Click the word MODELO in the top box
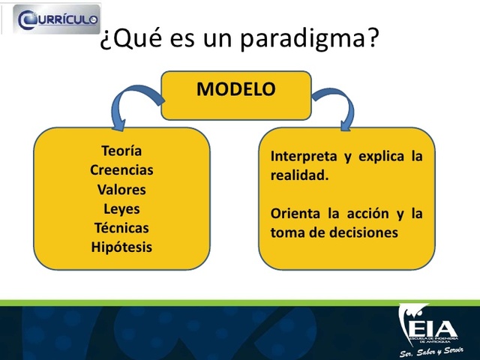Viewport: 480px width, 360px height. coord(235,89)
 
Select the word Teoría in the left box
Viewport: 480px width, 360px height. coord(121,151)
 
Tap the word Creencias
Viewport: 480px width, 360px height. coord(121,170)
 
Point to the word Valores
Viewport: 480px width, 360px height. coord(121,190)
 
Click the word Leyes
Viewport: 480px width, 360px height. coord(121,208)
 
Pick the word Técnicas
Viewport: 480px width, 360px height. coord(121,228)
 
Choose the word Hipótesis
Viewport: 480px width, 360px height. coord(121,247)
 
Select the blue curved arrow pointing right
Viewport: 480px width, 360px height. coord(336,103)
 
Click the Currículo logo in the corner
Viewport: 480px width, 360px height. coord(50,18)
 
